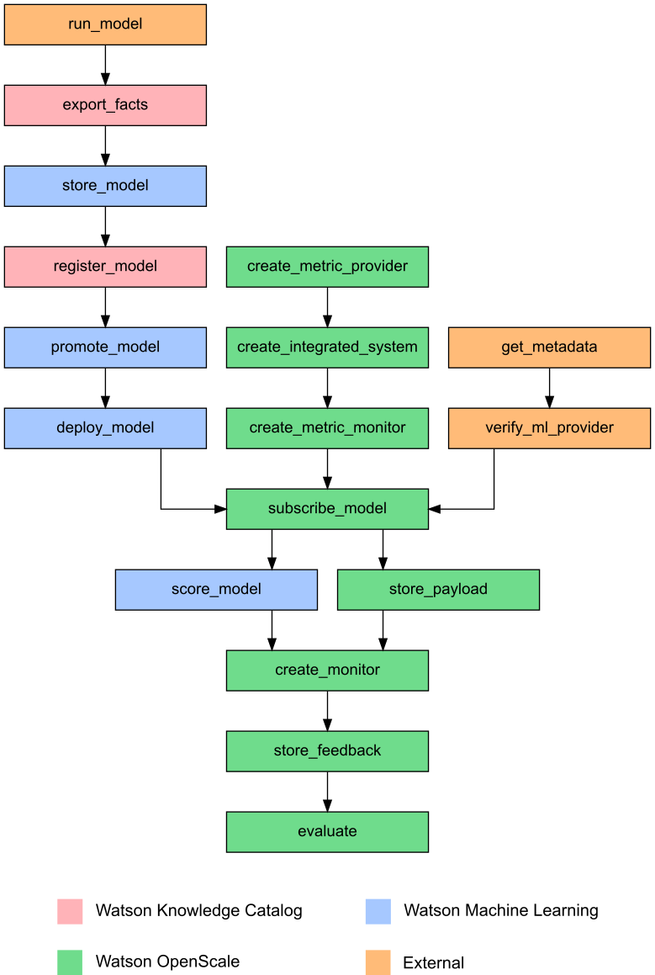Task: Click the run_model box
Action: pos(105,24)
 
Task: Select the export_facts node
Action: pos(105,105)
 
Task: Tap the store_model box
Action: pos(105,186)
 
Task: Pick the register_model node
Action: pos(105,267)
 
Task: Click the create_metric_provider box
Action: pos(327,267)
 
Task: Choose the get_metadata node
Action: pos(549,347)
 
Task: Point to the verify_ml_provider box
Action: pos(549,428)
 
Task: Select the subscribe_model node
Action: pos(327,509)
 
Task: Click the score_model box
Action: pos(216,590)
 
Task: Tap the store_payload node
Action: pos(438,590)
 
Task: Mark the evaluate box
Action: pos(327,832)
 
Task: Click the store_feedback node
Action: pos(327,751)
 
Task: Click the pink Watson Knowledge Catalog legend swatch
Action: pos(70,911)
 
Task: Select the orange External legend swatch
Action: pos(378,962)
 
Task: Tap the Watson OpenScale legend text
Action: pos(167,962)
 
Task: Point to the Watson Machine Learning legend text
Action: pos(501,910)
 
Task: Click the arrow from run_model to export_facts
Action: pos(105,65)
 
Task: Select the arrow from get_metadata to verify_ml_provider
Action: pos(549,388)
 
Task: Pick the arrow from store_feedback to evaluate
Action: pos(327,792)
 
